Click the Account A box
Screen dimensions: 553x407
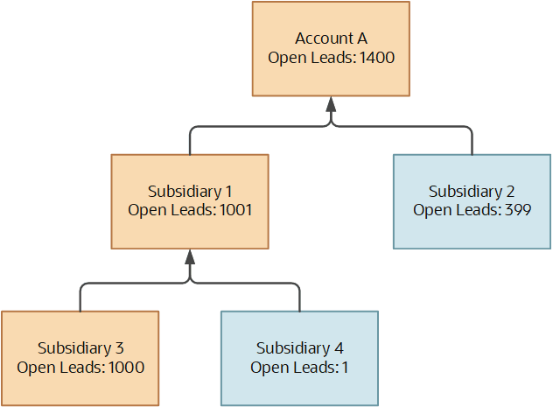point(331,49)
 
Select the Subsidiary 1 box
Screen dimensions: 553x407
point(190,201)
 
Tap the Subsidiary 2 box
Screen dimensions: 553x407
point(472,201)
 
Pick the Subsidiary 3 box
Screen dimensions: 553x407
point(80,358)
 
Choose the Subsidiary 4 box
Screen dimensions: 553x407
point(299,358)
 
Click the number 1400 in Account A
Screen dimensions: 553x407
point(376,58)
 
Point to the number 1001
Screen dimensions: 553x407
point(235,210)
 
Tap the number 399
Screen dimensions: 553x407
point(518,210)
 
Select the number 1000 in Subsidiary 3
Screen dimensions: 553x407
point(126,367)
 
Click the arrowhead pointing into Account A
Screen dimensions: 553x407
point(331,104)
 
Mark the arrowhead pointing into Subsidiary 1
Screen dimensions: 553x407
point(190,256)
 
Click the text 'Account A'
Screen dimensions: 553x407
point(331,39)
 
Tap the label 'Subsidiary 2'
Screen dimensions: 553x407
point(472,192)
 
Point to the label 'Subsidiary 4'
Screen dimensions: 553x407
point(300,348)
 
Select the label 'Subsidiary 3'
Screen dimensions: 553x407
point(80,348)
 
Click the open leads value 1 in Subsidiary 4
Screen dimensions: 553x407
point(345,367)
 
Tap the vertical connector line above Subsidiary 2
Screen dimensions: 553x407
point(472,143)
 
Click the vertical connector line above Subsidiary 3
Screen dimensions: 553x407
point(80,300)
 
